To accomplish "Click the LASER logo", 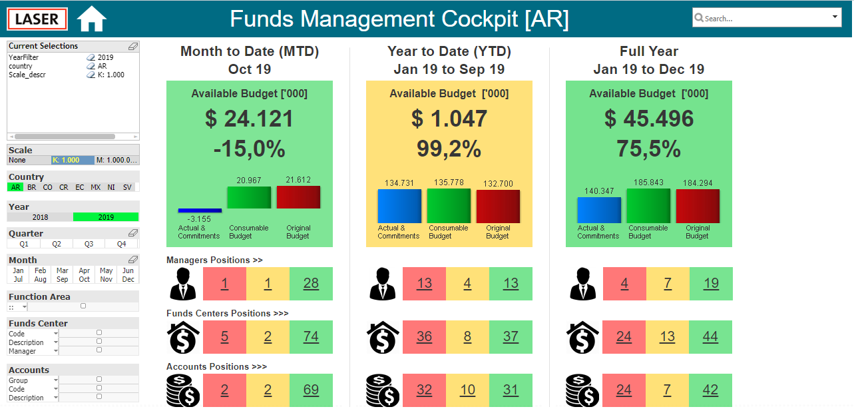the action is (x=37, y=19).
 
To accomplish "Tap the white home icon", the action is (x=91, y=19).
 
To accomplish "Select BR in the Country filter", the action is (x=32, y=187).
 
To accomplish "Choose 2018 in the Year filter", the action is (x=40, y=217).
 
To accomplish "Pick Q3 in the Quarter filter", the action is (x=89, y=244).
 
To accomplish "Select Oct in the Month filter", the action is (x=85, y=279).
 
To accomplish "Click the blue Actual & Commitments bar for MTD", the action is (x=200, y=210).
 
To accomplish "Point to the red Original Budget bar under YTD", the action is (x=498, y=206).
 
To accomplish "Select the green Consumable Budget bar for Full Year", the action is (x=648, y=206).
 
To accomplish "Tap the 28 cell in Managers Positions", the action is (x=311, y=284).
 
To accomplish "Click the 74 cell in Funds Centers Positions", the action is (x=311, y=336).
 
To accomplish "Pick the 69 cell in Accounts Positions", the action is (x=311, y=390).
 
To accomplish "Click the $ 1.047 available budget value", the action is (x=449, y=119).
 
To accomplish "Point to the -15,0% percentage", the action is (x=250, y=149).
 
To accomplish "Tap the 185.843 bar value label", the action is (x=648, y=182).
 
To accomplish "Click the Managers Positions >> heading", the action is (x=214, y=260).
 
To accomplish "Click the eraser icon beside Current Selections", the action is (x=133, y=46).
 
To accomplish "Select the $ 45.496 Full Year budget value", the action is (x=649, y=119).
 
